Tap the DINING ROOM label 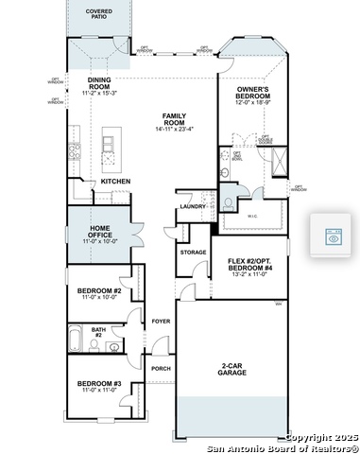tap(100, 83)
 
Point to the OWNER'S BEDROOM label tap(254, 93)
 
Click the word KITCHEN tap(115, 181)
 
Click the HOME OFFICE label tap(105, 232)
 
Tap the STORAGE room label tap(193, 253)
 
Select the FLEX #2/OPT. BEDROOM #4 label tap(250, 265)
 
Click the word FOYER tap(161, 322)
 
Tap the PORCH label tap(161, 369)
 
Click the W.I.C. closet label tap(252, 214)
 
